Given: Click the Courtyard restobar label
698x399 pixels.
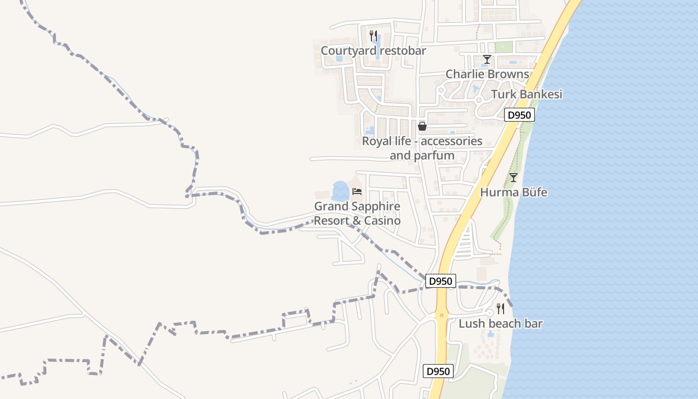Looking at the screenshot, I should point(373,50).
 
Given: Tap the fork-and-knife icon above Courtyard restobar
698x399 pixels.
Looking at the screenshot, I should point(373,35).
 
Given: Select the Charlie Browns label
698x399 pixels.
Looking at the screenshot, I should point(487,74).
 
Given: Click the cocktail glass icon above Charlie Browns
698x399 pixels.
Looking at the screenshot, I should point(487,60).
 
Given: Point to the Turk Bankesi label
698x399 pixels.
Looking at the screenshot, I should point(526,94).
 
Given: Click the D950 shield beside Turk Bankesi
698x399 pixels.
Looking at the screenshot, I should point(520,115).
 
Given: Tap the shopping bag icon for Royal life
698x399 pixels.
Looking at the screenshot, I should point(422,126).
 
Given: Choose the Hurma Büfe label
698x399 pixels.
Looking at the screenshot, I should point(514,192).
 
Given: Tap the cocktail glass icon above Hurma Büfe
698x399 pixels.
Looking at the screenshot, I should point(513,177).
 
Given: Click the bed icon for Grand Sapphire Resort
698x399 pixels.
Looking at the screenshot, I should point(356,191).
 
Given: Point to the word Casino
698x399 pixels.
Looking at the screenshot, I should point(382,220).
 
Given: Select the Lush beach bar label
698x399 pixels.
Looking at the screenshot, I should point(500,324).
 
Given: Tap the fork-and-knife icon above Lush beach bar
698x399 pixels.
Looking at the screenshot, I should point(501,309).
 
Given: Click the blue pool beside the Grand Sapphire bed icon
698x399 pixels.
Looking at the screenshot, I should point(341,191).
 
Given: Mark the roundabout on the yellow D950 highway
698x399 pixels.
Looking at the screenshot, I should point(441,315).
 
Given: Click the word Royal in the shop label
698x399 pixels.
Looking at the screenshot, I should point(375,141).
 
